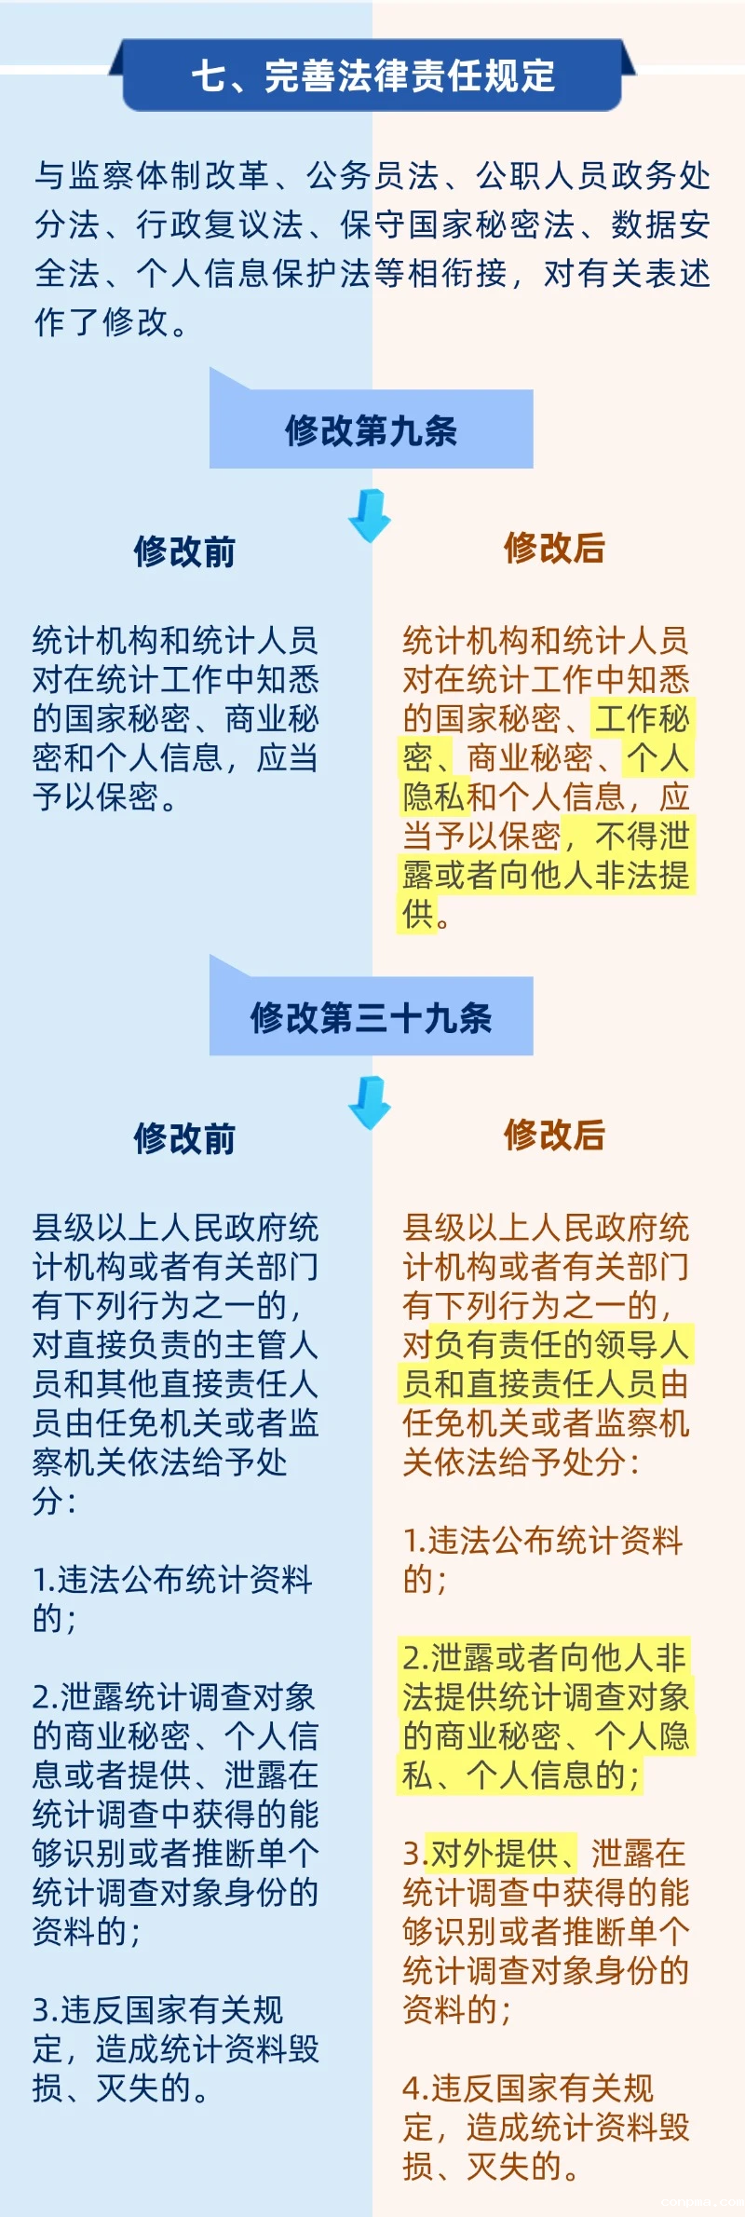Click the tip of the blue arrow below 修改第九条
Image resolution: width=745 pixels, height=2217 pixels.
tap(370, 542)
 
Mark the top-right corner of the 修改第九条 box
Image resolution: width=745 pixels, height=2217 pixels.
tap(533, 391)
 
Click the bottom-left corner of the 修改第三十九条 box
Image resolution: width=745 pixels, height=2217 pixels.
tap(210, 1054)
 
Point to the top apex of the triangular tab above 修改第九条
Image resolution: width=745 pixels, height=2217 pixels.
tap(210, 368)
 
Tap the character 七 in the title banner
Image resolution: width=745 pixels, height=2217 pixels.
tap(209, 75)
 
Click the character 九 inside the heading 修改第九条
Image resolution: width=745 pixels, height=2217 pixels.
tap(405, 430)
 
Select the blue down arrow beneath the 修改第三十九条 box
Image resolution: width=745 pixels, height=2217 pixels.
tap(370, 1103)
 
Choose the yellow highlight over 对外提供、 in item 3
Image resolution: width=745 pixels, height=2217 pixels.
tap(502, 1853)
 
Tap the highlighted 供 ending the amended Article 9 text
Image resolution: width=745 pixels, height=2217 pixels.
tap(418, 914)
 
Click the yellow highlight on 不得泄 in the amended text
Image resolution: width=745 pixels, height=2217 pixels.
tap(642, 836)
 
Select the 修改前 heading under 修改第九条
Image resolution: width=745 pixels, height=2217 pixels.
tap(184, 551)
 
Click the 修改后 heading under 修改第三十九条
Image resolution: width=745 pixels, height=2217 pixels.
tap(554, 1135)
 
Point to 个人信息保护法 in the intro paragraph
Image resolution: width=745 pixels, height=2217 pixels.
tap(254, 273)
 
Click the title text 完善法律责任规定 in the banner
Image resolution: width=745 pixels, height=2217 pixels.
tap(410, 75)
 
